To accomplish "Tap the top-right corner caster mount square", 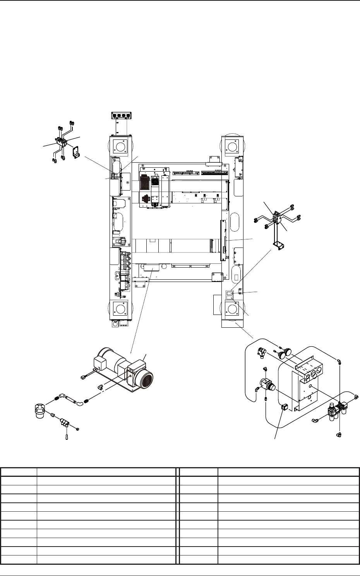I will (232, 146).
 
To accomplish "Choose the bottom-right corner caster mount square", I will (232, 309).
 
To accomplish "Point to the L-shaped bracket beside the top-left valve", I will (75, 151).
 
